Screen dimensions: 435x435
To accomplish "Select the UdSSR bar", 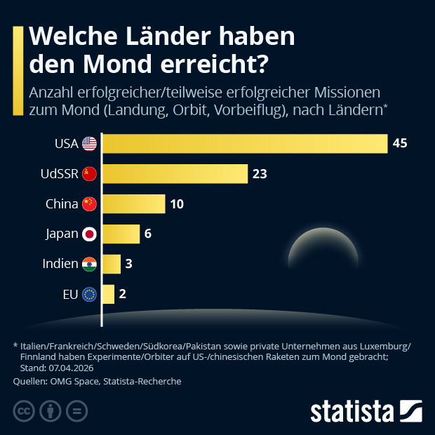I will pos(175,173).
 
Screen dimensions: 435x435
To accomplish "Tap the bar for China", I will pos(134,203).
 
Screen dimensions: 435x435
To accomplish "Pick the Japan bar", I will pos(121,234).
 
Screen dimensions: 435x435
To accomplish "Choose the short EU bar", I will pos(109,294).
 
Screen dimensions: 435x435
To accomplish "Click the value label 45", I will pos(400,143).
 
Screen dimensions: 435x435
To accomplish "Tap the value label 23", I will pos(260,173).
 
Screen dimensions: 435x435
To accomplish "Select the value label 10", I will pos(178,203).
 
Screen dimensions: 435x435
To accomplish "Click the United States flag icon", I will pos(89,143).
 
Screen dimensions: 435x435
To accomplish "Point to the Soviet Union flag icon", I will pos(89,173).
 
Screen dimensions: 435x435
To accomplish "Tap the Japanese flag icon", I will pos(89,234).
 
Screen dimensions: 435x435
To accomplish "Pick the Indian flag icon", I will pos(89,264).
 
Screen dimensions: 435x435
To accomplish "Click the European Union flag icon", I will pos(89,294).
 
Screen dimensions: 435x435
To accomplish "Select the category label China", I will pos(61,203).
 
